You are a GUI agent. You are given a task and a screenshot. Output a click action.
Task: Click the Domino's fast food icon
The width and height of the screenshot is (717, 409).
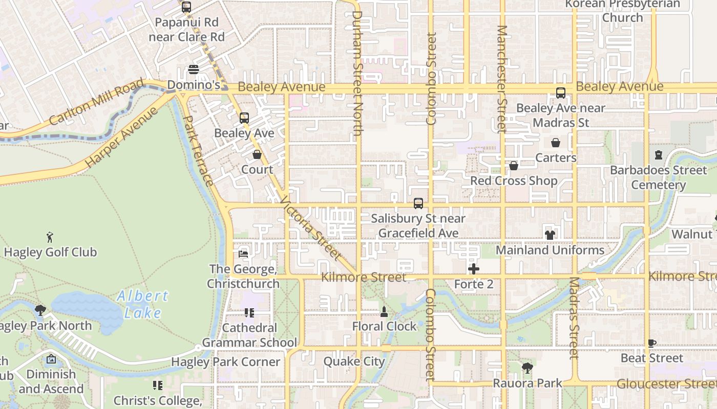pos(194,70)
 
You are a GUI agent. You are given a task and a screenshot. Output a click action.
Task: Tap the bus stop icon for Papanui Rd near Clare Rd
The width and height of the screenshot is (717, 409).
pos(186,7)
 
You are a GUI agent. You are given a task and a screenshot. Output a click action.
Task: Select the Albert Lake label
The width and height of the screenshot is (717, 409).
pos(142,304)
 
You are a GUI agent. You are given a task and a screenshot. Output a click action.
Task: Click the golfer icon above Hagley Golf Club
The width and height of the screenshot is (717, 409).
pos(50,237)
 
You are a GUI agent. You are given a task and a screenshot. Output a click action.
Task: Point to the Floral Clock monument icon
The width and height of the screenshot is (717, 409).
pos(384,311)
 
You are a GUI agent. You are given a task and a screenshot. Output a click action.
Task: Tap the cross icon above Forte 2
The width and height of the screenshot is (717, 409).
pos(474,268)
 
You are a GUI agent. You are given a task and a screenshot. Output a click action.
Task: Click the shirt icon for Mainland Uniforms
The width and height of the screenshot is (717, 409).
pos(550,235)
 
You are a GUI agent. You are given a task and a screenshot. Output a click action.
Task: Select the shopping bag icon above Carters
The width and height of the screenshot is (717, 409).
pos(556,143)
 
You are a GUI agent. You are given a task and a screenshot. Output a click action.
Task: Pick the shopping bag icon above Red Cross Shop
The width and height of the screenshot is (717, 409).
pos(514,166)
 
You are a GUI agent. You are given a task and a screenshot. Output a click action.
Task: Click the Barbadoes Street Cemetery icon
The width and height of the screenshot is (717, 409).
pos(659,155)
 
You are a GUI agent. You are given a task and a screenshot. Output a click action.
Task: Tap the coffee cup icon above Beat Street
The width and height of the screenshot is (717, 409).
pos(651,343)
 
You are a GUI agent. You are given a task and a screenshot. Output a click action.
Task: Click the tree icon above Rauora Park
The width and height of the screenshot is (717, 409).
pos(528,368)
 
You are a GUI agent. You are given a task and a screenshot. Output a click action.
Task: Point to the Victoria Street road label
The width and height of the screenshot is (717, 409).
pos(310,228)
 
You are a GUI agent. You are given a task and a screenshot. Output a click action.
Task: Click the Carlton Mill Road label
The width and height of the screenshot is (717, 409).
pos(97,102)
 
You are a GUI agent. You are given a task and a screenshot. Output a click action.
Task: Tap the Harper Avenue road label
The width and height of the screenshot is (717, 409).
pos(121,137)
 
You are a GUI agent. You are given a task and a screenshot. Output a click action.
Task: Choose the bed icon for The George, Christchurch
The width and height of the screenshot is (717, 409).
pos(243,254)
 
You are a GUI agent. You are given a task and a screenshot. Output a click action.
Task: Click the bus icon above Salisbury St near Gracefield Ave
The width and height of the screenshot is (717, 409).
pos(418,203)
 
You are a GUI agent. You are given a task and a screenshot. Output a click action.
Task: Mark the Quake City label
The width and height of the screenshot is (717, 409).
pos(354,361)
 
